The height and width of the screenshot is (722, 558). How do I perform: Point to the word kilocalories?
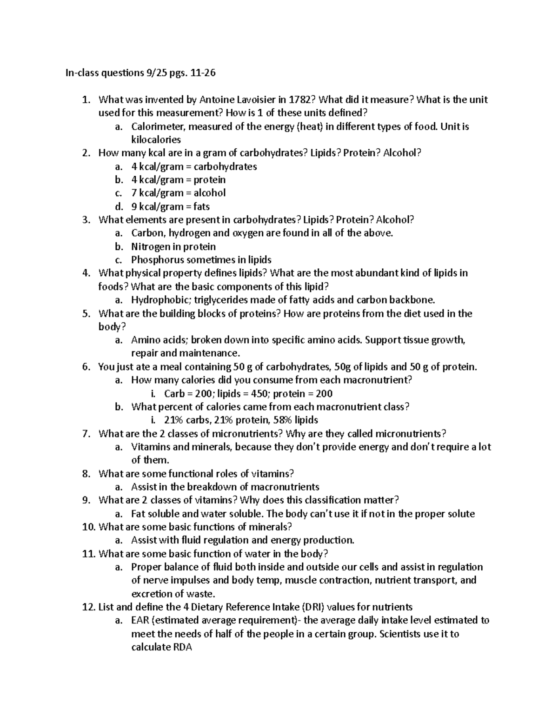(156, 139)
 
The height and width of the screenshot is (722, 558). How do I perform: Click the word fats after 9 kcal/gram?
(202, 206)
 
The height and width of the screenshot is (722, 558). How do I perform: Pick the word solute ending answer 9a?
(461, 514)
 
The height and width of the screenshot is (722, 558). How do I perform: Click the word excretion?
(152, 594)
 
